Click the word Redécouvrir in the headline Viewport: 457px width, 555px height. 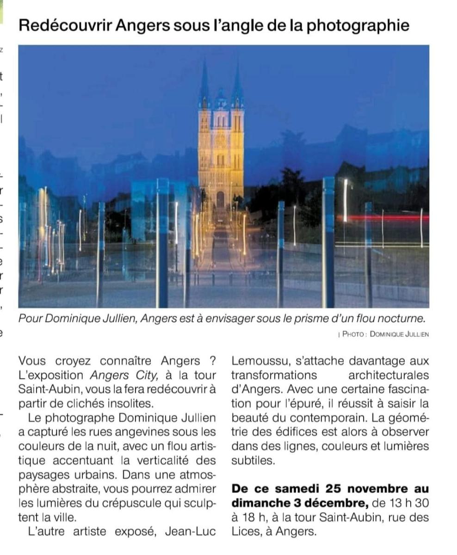click(65, 25)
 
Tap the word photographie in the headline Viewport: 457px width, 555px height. click(358, 25)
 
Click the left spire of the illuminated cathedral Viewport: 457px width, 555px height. click(204, 83)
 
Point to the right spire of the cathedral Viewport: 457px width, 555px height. click(237, 83)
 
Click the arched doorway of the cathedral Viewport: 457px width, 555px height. click(221, 200)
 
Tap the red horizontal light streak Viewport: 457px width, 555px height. click(384, 217)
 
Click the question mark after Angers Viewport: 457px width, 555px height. click(212, 361)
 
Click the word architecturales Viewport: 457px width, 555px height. click(389, 375)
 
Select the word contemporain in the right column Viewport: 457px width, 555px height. click(307, 418)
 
